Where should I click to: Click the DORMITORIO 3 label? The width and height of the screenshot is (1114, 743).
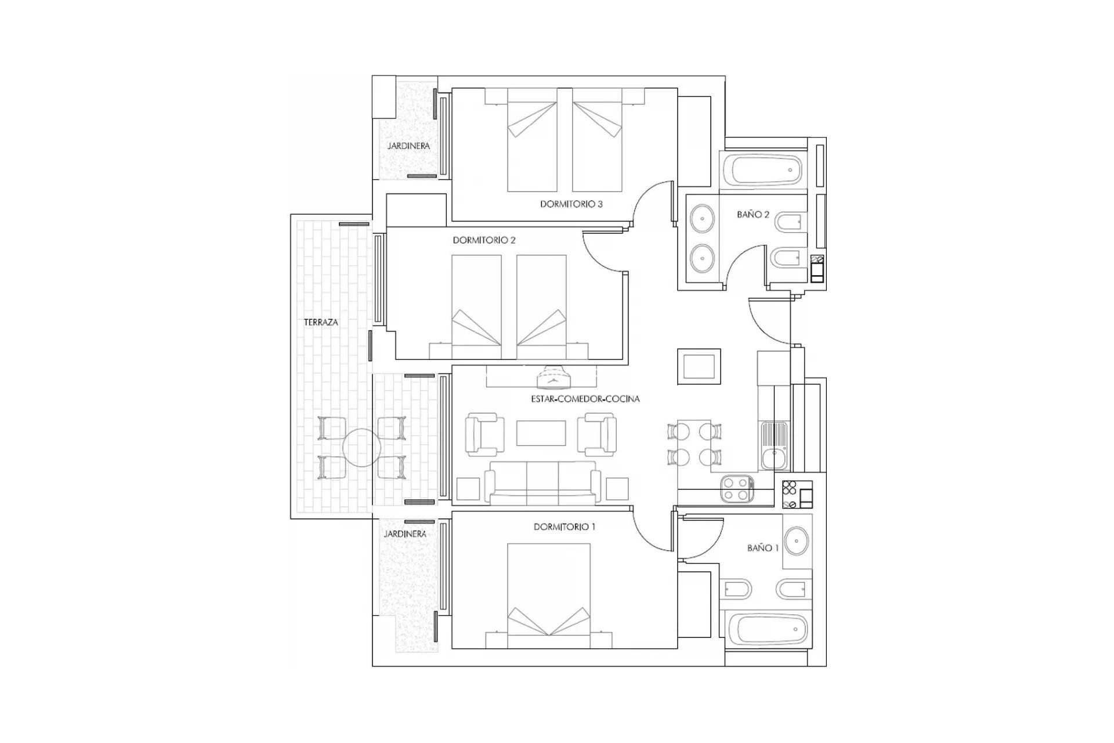click(571, 204)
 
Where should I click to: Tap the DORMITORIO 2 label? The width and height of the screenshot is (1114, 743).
click(484, 240)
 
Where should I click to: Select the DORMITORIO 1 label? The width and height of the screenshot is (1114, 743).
click(564, 527)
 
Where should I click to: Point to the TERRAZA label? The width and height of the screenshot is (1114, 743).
click(321, 322)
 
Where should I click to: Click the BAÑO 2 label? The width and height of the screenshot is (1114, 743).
click(753, 215)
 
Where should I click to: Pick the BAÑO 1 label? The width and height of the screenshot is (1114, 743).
click(762, 548)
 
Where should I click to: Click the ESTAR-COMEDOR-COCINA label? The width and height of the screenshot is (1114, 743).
click(585, 399)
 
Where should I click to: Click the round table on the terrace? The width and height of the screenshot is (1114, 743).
click(361, 448)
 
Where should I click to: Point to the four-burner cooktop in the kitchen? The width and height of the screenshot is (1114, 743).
click(737, 489)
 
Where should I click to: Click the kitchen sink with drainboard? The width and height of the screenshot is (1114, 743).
click(774, 445)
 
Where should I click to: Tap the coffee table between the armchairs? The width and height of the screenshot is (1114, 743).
click(541, 433)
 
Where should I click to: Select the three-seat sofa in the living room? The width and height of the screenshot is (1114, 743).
click(542, 483)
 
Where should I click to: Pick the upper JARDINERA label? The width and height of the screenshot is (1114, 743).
click(408, 146)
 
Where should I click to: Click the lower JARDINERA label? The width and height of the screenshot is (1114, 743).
click(405, 534)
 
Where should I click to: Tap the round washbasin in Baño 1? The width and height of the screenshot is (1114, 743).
click(797, 541)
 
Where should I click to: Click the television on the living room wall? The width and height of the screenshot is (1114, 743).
click(554, 378)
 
